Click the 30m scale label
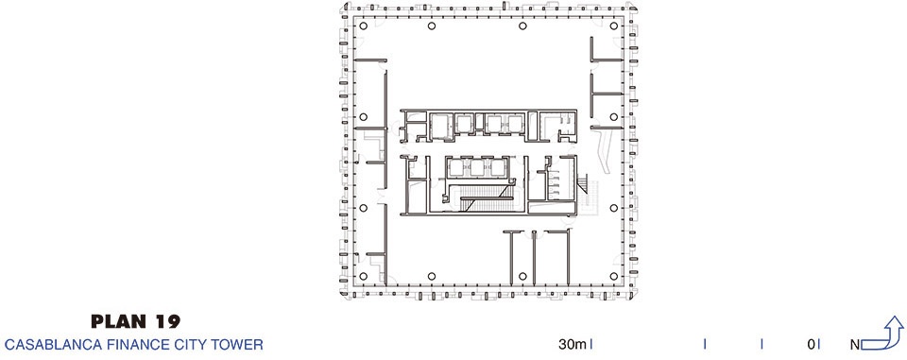pyautogui.click(x=573, y=345)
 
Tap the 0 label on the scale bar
pyautogui.click(x=812, y=345)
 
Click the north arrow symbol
pyautogui.click(x=882, y=334)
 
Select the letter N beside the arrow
pyautogui.click(x=855, y=346)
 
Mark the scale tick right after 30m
pyautogui.click(x=591, y=344)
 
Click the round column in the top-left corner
pyautogui.click(x=363, y=26)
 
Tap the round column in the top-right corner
pyautogui.click(x=614, y=26)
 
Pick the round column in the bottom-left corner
pyautogui.click(x=363, y=276)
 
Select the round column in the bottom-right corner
pyautogui.click(x=614, y=276)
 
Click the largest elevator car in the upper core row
pyautogui.click(x=439, y=126)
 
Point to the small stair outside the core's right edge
pyautogui.click(x=582, y=184)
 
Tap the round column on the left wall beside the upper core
pyautogui.click(x=363, y=117)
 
